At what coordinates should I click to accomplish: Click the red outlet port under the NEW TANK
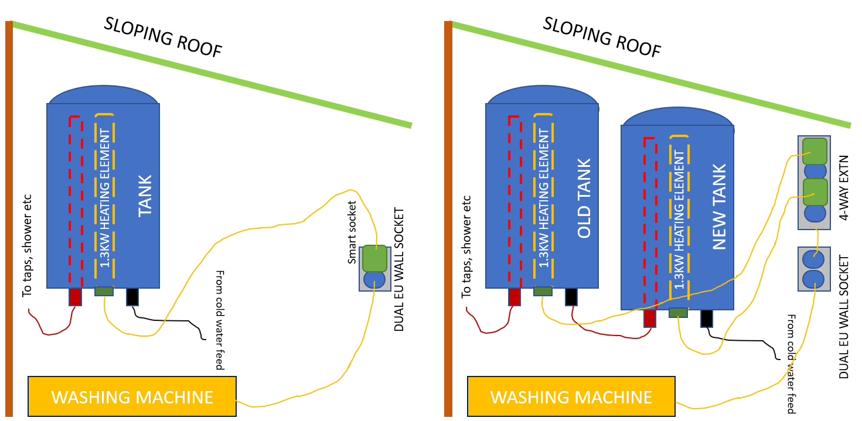click(649, 318)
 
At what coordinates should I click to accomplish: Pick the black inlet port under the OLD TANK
click(571, 296)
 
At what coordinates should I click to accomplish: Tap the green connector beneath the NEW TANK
click(678, 313)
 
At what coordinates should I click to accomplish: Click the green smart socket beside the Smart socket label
click(374, 258)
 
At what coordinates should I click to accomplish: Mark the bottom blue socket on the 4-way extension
click(815, 213)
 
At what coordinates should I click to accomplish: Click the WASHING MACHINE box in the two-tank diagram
click(571, 396)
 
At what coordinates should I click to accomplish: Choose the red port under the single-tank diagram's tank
click(75, 296)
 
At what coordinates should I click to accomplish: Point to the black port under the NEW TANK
click(706, 318)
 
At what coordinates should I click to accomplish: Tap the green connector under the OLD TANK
click(543, 291)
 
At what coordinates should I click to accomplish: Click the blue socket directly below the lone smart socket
click(374, 279)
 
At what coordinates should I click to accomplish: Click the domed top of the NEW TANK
click(677, 117)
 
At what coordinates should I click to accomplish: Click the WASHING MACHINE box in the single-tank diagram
click(132, 396)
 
